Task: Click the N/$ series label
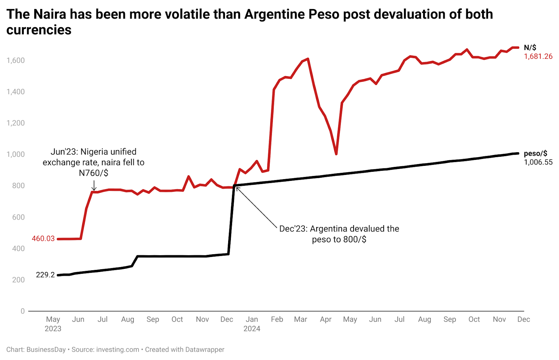(x=530, y=48)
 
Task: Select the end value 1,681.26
(x=538, y=57)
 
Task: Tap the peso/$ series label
(x=535, y=153)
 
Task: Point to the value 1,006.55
(x=538, y=162)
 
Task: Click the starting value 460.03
(x=43, y=239)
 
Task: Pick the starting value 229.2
(x=45, y=275)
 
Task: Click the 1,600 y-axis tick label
(x=16, y=60)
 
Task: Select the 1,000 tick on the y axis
(x=16, y=154)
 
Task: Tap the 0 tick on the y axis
(x=23, y=311)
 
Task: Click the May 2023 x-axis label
(x=53, y=324)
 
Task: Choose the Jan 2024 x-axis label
(x=252, y=324)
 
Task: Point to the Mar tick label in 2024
(x=300, y=319)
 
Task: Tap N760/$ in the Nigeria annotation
(x=93, y=173)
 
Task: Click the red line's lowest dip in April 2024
(x=336, y=154)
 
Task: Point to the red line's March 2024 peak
(x=307, y=59)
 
